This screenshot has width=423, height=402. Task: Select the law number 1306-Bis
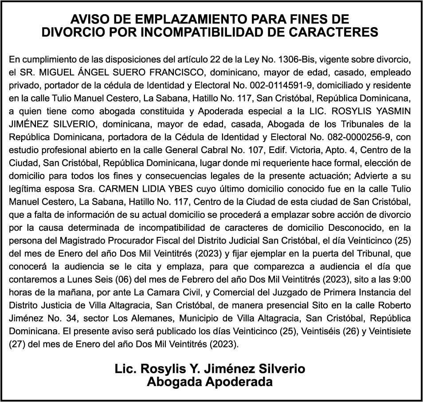[x=297, y=59]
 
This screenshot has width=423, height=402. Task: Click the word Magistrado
[x=64, y=241]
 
